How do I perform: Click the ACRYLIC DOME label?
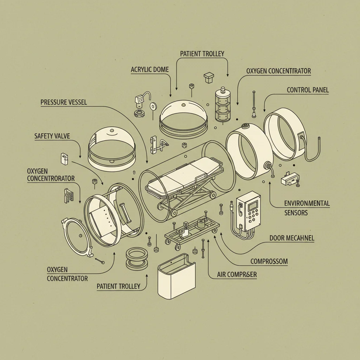click(150, 70)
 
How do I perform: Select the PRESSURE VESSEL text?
click(64, 102)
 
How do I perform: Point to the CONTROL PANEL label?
click(308, 90)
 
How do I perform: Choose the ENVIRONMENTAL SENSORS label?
click(307, 208)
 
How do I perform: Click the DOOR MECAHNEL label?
click(292, 238)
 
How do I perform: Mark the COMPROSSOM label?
click(269, 261)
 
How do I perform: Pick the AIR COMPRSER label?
click(237, 275)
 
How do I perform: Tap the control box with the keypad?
click(249, 212)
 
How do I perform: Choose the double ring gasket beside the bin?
click(137, 258)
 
